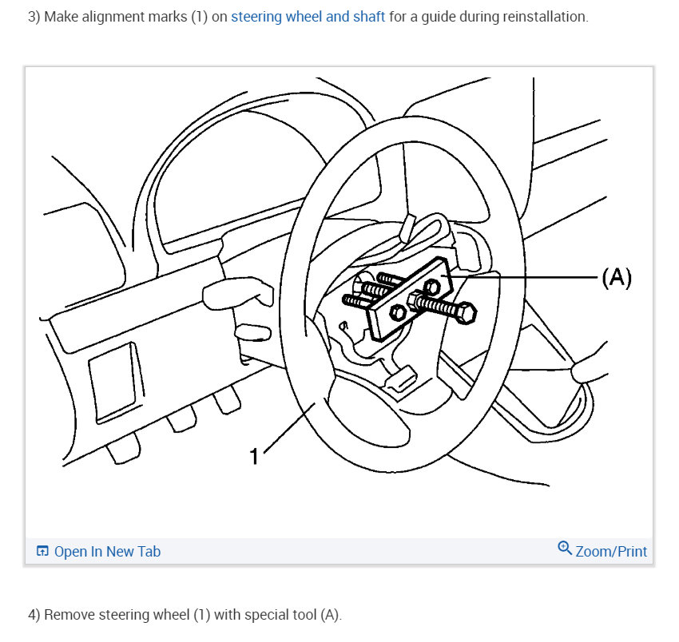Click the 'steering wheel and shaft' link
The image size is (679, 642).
pyautogui.click(x=308, y=17)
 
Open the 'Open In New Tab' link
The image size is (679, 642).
pyautogui.click(x=107, y=552)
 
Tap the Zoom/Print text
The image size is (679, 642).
pyautogui.click(x=611, y=551)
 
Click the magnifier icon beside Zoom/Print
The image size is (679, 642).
pyautogui.click(x=565, y=549)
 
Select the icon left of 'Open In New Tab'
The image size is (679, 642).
pyautogui.click(x=42, y=552)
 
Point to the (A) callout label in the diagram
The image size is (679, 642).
pyautogui.click(x=616, y=277)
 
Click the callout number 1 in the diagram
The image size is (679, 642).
pyautogui.click(x=254, y=456)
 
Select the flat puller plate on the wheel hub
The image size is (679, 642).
pyautogui.click(x=407, y=299)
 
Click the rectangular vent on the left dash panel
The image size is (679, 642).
pyautogui.click(x=110, y=376)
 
